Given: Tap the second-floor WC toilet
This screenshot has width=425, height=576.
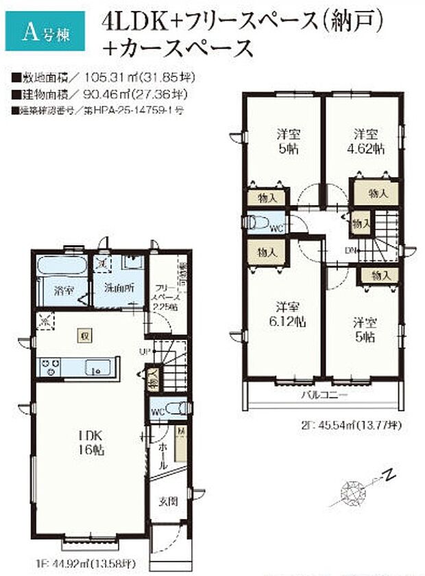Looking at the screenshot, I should coord(260,222).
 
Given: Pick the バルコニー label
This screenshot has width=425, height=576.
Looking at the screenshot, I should coord(322,396).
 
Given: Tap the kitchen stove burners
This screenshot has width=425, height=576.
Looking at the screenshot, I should coord(49,367).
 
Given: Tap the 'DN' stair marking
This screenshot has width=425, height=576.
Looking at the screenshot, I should coord(350,249).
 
